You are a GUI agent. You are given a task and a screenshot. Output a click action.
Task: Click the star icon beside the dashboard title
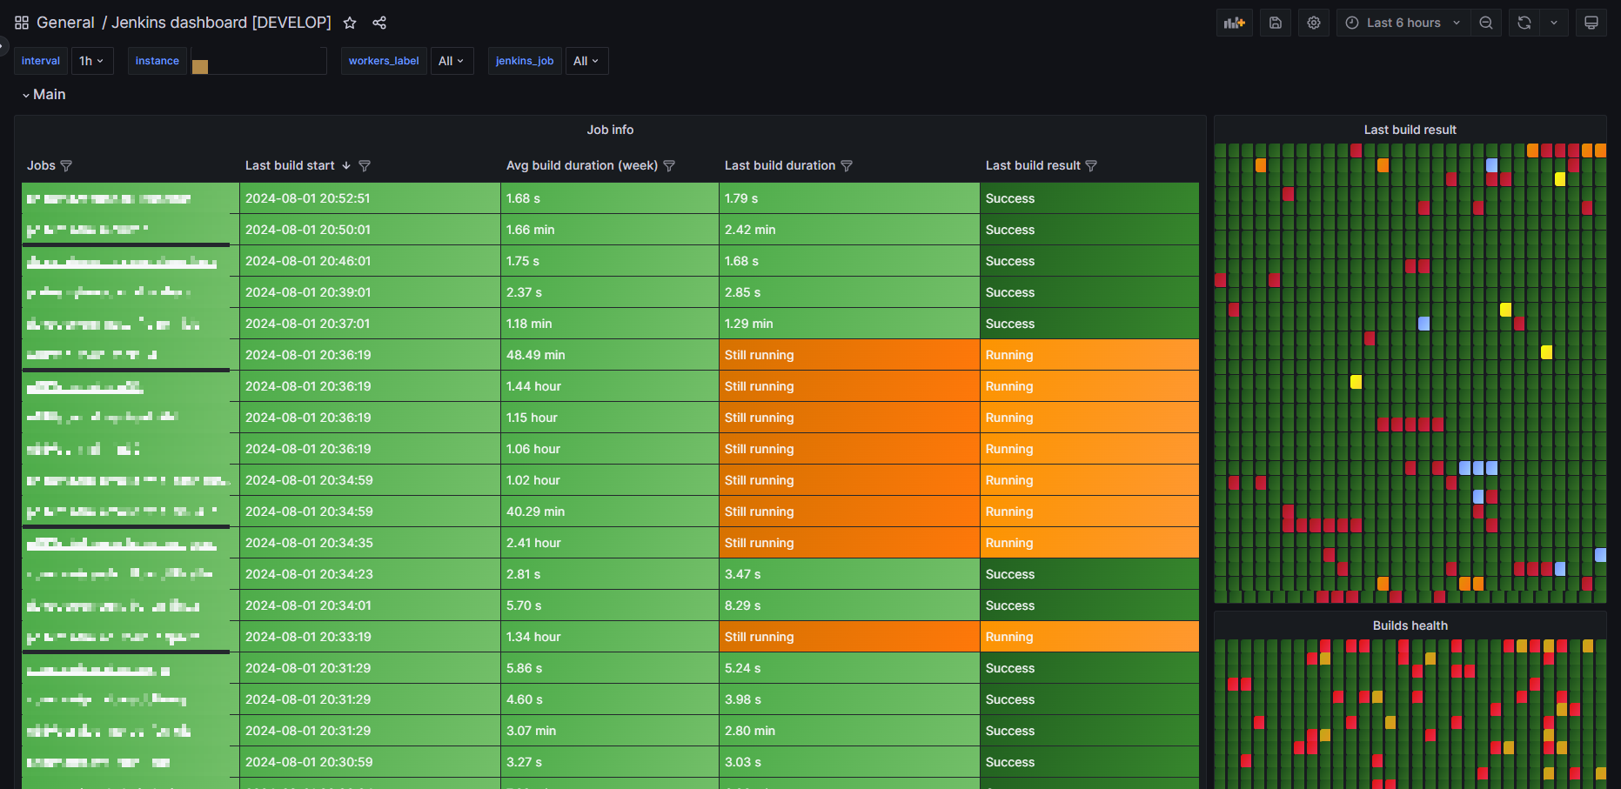pos(350,23)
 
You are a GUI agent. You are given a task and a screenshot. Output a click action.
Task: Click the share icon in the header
pos(379,23)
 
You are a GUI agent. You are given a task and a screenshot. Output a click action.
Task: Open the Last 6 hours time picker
pos(1403,23)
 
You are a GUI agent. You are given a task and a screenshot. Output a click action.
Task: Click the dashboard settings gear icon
pos(1314,23)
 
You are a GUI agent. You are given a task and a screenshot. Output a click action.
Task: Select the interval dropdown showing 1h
pos(91,61)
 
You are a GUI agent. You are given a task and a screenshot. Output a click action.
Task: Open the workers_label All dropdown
pos(451,61)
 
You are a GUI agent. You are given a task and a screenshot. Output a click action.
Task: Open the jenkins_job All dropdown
pos(586,61)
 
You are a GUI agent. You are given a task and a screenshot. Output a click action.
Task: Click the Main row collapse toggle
pos(26,95)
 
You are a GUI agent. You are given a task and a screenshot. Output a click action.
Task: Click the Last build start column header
pos(290,165)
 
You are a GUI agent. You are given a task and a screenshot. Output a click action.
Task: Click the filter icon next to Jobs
pos(66,165)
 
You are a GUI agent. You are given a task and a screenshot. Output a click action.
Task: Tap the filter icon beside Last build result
pos(1091,165)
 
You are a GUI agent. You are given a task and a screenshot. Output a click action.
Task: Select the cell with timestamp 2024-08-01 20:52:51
pos(308,198)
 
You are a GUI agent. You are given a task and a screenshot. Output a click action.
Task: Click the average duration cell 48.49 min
pos(536,355)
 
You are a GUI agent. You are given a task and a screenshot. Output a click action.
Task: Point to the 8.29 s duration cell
pos(742,605)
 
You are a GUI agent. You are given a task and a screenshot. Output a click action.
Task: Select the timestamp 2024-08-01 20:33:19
pos(308,637)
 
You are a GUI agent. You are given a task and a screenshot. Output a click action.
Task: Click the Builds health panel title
pos(1410,625)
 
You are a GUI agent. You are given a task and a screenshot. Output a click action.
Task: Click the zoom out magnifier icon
pos(1486,23)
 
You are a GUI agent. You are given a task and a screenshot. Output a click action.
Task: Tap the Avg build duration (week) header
pos(581,165)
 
